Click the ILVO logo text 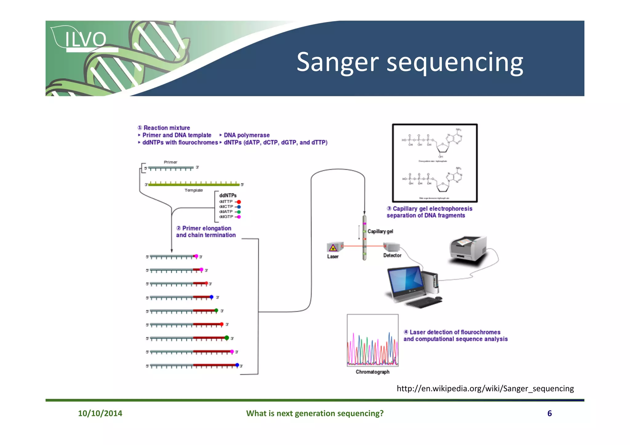tap(85, 40)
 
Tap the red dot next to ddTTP tap(239, 202)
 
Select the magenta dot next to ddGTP tap(239, 217)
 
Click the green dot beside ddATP tap(239, 212)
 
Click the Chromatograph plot tap(373, 340)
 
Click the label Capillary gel tap(380, 231)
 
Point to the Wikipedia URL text tap(485, 388)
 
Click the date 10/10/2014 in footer tap(100, 413)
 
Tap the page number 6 tap(549, 413)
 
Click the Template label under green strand tap(193, 190)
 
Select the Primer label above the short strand tap(170, 162)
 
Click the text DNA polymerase tap(246, 135)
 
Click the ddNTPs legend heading tap(228, 195)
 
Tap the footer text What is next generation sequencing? tap(315, 413)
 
